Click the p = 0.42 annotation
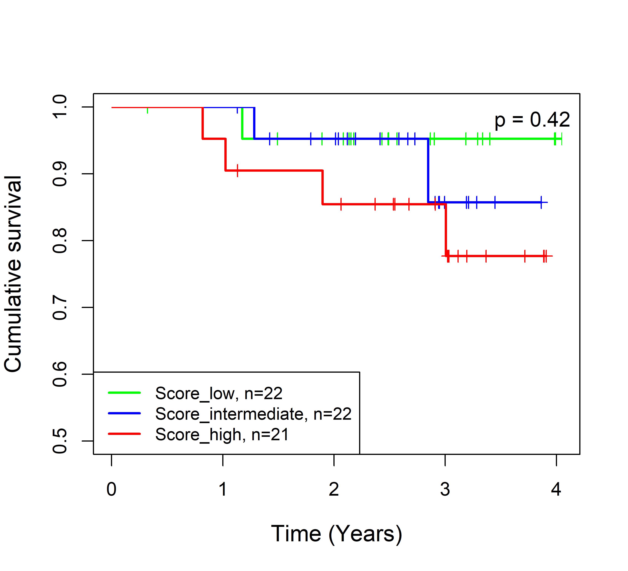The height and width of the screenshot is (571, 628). click(x=532, y=120)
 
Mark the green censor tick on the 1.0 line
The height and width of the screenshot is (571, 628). click(x=147, y=110)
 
